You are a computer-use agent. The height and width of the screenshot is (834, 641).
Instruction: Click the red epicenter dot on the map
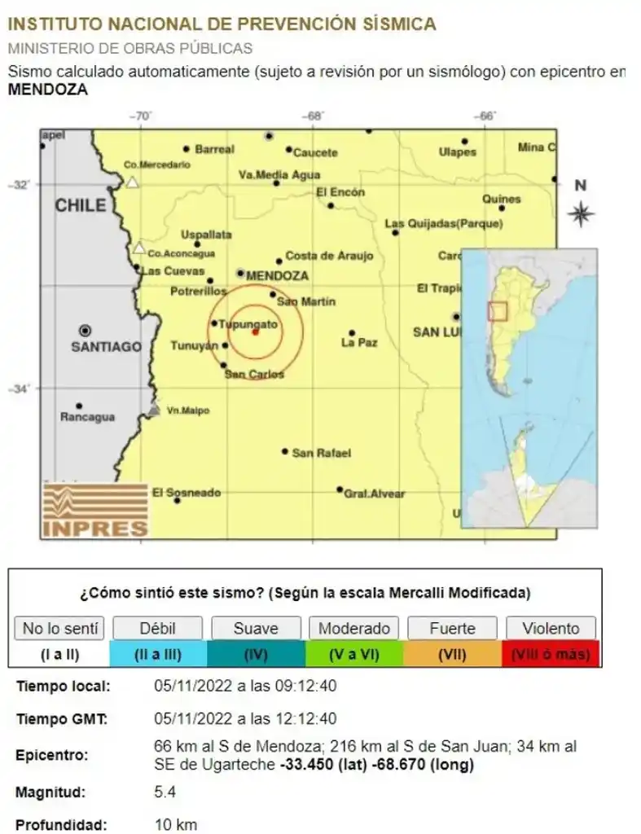click(x=255, y=331)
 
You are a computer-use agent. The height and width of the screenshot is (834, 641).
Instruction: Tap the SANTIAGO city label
click(x=107, y=347)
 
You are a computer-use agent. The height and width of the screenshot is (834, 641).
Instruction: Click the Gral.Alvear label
click(x=374, y=494)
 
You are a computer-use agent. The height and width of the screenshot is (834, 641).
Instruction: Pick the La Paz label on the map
click(x=359, y=343)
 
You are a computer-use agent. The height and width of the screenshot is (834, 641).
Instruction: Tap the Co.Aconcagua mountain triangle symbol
click(x=139, y=248)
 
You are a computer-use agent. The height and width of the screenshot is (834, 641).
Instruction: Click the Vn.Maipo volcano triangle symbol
click(x=153, y=409)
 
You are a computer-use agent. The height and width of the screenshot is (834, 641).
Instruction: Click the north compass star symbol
click(x=581, y=215)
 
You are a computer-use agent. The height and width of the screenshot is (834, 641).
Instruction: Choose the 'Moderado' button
click(x=353, y=629)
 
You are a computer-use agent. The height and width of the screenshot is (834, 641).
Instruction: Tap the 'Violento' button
click(x=551, y=629)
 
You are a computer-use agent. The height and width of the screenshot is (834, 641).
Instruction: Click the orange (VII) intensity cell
click(x=452, y=653)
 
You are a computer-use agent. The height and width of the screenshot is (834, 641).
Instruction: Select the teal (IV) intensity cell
click(x=256, y=653)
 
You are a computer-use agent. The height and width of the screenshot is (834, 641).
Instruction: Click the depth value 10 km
click(x=175, y=824)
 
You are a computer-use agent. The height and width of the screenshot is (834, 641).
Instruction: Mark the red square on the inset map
click(x=497, y=311)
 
